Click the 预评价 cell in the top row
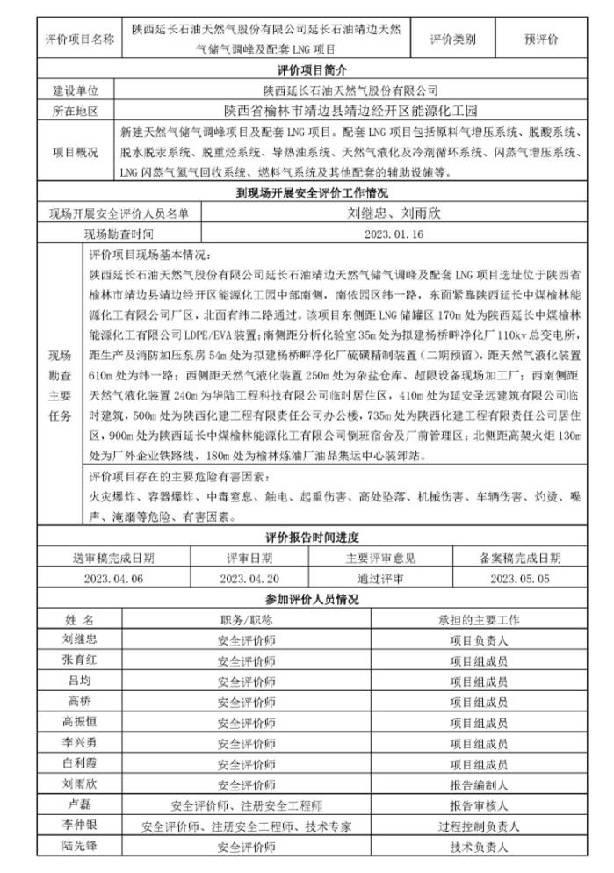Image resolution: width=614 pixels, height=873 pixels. (x=541, y=40)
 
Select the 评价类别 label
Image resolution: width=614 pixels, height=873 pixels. (x=453, y=40)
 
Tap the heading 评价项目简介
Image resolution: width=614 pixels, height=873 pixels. (x=312, y=70)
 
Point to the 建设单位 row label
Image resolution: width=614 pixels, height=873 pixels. (x=76, y=90)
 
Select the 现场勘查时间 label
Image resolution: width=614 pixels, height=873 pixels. (x=119, y=234)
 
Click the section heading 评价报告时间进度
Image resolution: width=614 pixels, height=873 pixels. (x=312, y=538)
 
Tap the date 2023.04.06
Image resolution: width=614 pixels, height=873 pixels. (x=119, y=578)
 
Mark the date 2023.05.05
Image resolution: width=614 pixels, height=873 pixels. (x=520, y=578)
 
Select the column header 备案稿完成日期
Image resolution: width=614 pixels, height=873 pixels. (x=520, y=558)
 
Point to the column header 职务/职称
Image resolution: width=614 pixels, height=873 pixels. (x=246, y=619)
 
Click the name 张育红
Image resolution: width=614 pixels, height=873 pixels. (x=79, y=660)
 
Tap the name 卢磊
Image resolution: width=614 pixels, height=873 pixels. (x=79, y=804)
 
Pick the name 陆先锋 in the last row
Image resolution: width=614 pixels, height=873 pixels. (x=79, y=846)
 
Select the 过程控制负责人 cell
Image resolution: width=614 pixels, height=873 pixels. (x=479, y=826)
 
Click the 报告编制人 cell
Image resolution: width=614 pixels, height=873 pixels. (x=479, y=784)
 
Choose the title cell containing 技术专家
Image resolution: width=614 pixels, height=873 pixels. (x=246, y=826)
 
